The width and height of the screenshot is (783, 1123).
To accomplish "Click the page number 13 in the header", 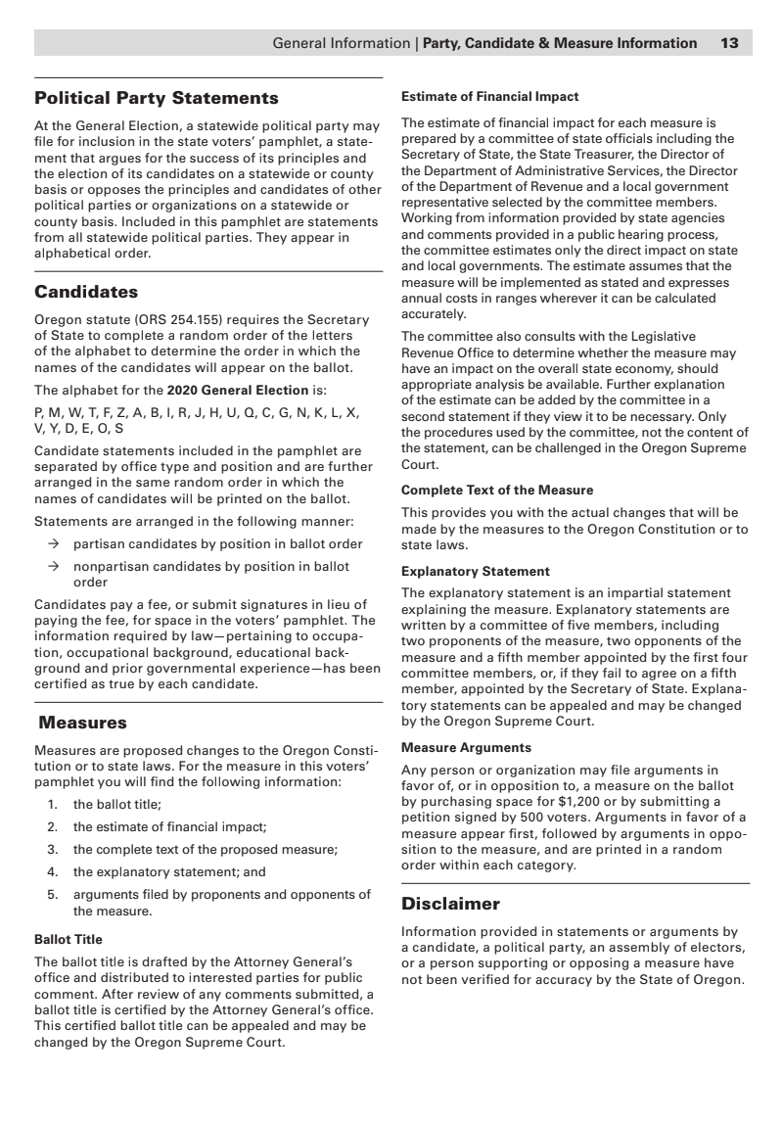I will [x=729, y=43].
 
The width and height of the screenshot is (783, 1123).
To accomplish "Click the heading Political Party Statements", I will [x=157, y=98].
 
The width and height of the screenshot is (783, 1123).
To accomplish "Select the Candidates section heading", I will [x=86, y=292].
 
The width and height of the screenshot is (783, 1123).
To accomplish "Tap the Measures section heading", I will [x=83, y=724].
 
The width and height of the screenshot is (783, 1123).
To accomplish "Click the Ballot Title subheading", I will [x=69, y=940].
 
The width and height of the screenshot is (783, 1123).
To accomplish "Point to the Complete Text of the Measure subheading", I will [x=497, y=490].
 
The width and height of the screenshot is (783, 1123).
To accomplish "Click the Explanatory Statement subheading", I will [x=476, y=571].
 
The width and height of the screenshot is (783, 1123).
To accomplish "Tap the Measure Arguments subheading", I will [x=467, y=747].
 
